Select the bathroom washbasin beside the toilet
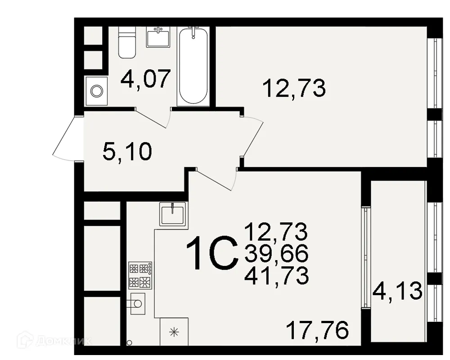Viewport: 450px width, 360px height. pos(157,36)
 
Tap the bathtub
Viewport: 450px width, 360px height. pos(193,66)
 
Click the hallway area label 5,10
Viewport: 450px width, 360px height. pos(127,153)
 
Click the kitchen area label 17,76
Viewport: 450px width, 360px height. pos(318,331)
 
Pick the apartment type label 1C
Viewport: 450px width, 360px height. pos(212,254)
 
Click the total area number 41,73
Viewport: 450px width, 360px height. pos(276,275)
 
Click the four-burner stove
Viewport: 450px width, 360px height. pos(140,275)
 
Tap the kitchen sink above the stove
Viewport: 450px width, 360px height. pos(172,213)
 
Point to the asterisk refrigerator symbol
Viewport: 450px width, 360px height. pos(174,333)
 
